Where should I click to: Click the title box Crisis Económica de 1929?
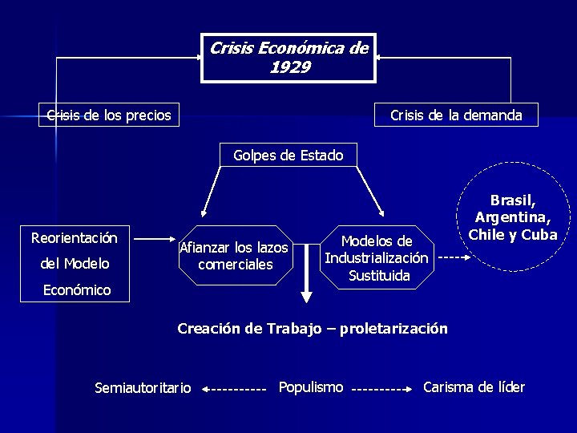[288, 57]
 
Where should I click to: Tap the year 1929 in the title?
[289, 67]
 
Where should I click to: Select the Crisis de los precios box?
[109, 115]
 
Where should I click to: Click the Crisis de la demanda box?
[456, 115]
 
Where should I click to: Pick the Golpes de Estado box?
[288, 155]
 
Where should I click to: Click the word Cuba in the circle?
[539, 235]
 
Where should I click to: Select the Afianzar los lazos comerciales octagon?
[234, 256]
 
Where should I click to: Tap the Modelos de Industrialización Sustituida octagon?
[377, 257]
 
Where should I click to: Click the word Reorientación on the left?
[74, 238]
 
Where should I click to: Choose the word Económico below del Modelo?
[77, 290]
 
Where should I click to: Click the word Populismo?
[311, 387]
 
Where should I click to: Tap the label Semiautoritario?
[143, 388]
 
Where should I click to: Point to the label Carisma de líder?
[474, 387]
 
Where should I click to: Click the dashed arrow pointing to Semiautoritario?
[233, 389]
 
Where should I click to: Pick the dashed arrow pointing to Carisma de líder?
[382, 389]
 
